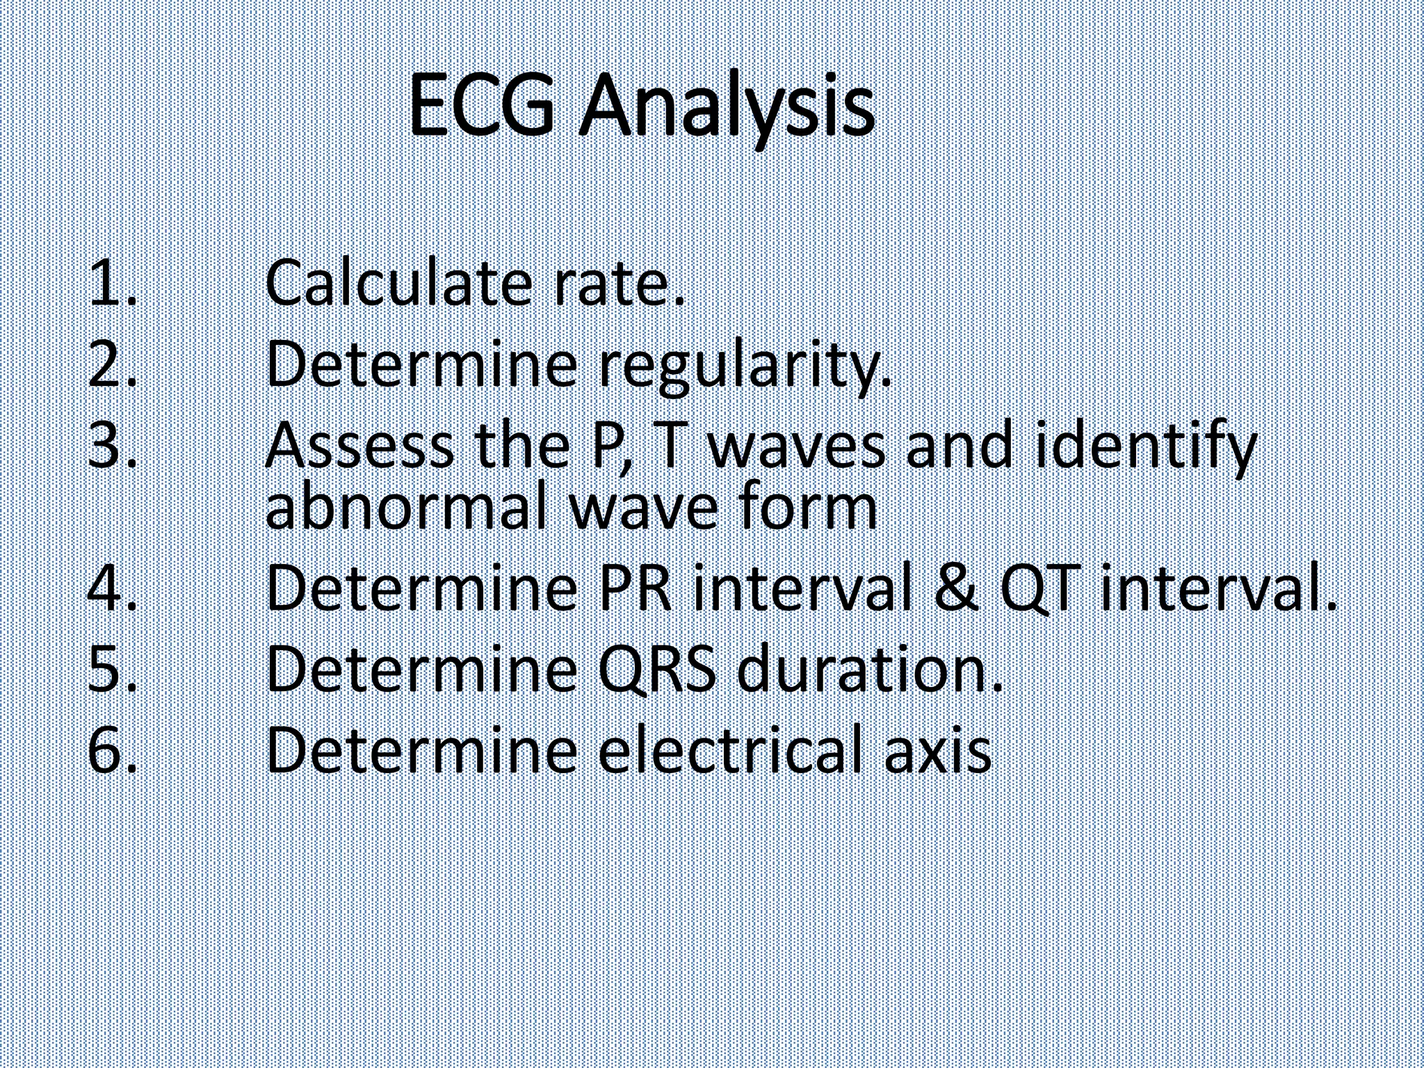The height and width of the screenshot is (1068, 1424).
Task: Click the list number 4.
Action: pos(111,589)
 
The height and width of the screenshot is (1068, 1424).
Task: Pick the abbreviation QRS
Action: pos(656,670)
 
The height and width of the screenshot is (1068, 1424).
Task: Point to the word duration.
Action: pos(869,670)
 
